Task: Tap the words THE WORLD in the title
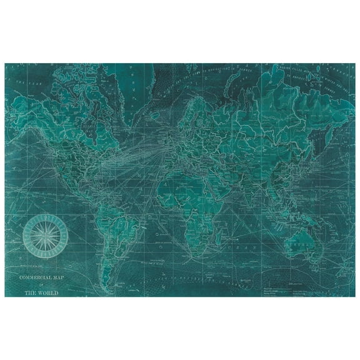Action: click(x=43, y=290)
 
